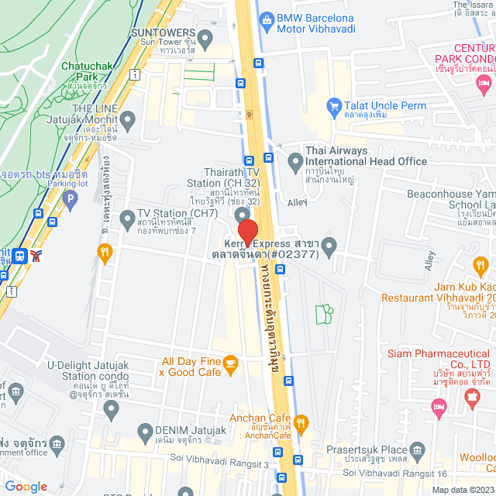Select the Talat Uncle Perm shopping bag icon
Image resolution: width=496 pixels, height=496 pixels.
pos(334,105)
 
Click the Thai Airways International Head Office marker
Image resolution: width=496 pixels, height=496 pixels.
pos(294,162)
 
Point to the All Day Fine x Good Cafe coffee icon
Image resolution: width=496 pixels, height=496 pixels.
pos(229,362)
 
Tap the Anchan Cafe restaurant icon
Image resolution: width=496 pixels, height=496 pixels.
pos(302,423)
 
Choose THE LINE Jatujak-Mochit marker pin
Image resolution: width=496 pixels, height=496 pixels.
pos(128,120)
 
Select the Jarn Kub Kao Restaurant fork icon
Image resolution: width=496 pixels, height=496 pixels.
pos(481,268)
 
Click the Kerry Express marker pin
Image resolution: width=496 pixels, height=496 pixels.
pos(329,248)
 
